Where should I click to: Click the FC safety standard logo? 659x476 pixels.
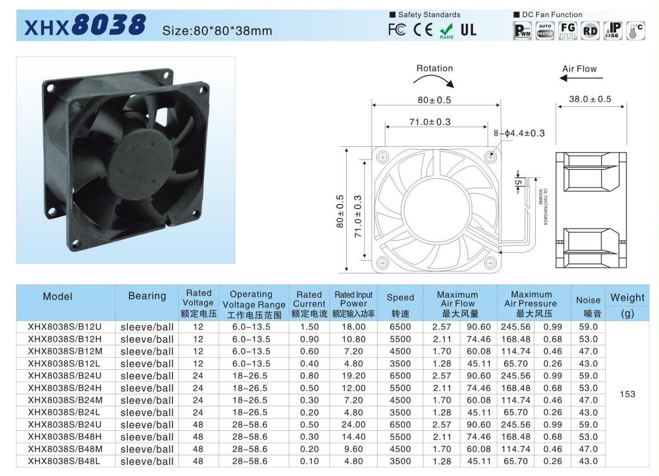(x=397, y=30)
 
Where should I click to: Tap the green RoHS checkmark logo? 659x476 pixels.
(x=447, y=31)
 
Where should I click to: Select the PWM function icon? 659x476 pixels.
(x=523, y=31)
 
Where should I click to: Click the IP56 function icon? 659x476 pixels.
(x=613, y=31)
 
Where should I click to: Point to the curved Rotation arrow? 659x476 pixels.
(x=435, y=79)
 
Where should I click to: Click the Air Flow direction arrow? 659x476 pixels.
(x=581, y=78)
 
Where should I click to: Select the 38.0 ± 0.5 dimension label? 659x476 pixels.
(x=590, y=99)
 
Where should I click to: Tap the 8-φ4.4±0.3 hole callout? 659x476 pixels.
(x=519, y=133)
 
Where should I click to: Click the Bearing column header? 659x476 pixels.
(x=147, y=296)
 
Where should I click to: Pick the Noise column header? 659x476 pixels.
(x=588, y=300)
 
